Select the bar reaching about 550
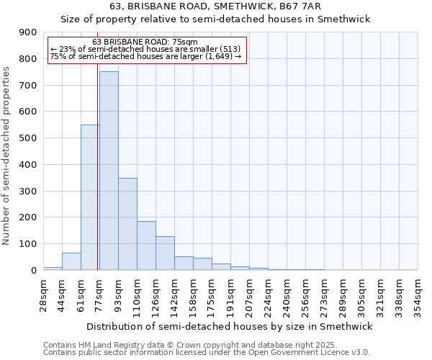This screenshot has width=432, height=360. click(89, 197)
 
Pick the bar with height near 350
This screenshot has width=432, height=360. click(127, 224)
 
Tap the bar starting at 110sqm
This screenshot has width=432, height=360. click(146, 246)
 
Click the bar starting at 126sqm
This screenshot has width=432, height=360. click(165, 253)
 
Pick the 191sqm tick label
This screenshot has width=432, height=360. click(230, 295)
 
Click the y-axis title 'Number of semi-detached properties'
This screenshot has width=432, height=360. click(7, 156)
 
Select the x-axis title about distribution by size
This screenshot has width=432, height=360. click(230, 326)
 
